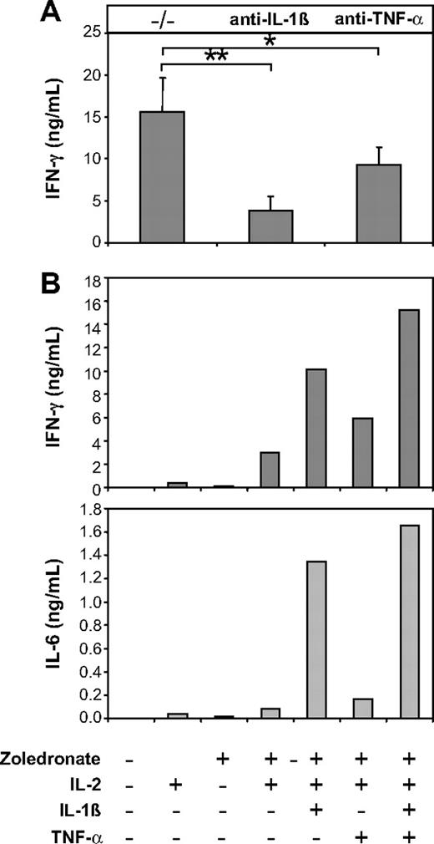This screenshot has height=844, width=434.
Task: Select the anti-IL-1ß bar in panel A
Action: pos(270,226)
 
